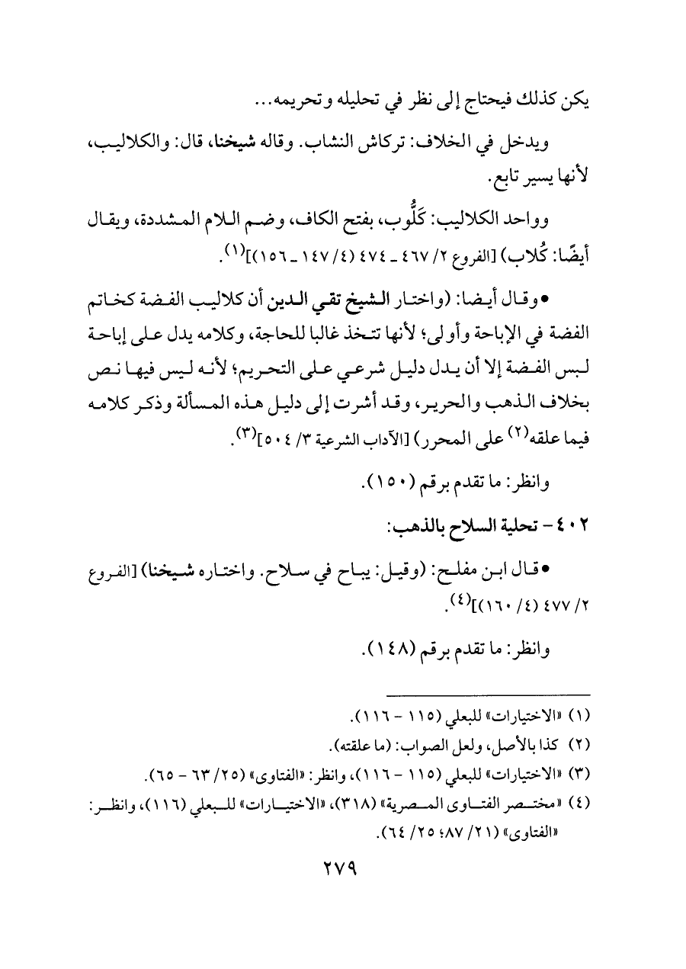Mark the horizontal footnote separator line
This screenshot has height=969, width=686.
[x=489, y=694]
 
